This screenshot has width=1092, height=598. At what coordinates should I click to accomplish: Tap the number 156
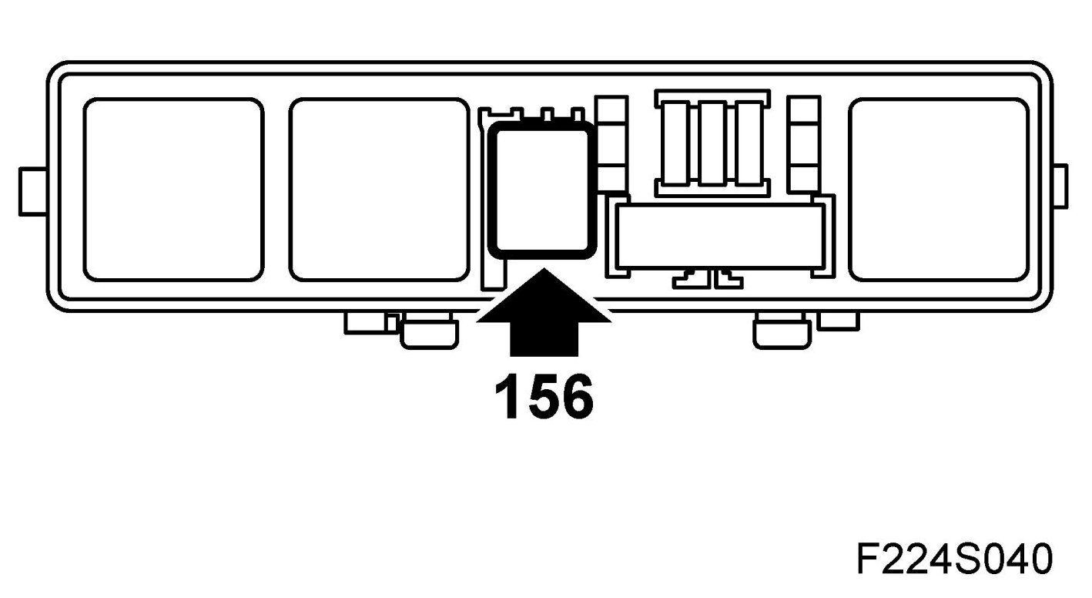(544, 396)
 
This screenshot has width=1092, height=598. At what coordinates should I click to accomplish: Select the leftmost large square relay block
(173, 190)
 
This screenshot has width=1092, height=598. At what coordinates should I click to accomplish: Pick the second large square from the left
(379, 190)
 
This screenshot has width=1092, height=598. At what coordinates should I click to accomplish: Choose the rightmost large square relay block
(939, 190)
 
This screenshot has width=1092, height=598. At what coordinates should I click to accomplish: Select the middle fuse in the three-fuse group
(716, 142)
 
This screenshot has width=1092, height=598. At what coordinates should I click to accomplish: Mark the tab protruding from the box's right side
(1060, 186)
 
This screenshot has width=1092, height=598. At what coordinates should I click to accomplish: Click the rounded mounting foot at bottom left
(429, 332)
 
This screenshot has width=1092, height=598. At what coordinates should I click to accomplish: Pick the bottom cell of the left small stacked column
(613, 177)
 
